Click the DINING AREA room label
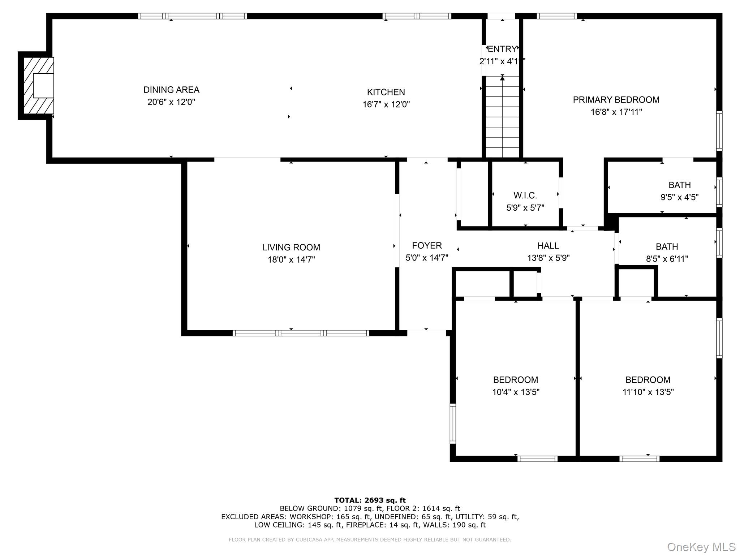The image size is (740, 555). click(171, 90)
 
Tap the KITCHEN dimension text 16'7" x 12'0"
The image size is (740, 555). click(386, 104)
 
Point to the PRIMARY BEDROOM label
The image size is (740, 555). click(616, 100)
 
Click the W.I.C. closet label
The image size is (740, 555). click(525, 195)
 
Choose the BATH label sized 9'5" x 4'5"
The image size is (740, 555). click(679, 185)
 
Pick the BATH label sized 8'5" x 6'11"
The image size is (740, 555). click(667, 247)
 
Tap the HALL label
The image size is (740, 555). click(548, 246)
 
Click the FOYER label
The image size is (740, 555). click(427, 246)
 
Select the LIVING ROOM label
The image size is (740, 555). click(291, 248)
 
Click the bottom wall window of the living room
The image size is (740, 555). click(301, 333)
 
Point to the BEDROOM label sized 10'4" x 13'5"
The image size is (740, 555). click(515, 380)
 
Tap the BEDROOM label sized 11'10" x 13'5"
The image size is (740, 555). click(647, 380)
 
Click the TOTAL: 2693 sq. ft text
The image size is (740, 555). click(370, 500)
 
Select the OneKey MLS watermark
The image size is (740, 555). click(701, 547)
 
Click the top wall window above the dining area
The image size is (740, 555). click(193, 16)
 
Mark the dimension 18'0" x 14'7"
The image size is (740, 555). click(291, 259)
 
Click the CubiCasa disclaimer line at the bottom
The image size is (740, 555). click(370, 539)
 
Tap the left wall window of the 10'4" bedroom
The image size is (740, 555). click(452, 423)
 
